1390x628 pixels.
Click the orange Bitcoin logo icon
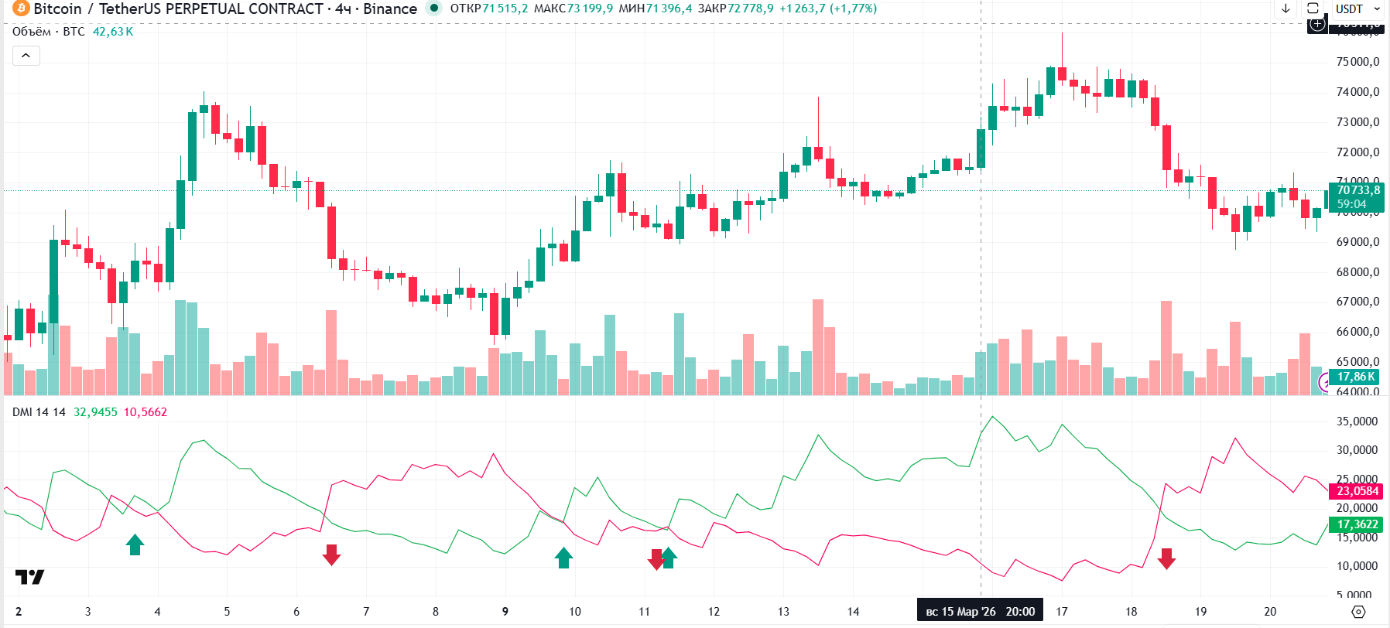point(20,9)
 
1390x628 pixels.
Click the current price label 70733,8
point(1358,190)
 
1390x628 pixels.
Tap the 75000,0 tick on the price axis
point(1358,62)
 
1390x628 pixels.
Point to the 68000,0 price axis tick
point(1358,272)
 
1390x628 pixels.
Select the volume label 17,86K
point(1357,377)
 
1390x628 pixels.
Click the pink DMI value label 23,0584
point(1357,491)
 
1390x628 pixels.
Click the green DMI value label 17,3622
point(1357,524)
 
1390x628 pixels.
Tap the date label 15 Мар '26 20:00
point(980,612)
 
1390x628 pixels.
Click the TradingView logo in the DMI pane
point(29,577)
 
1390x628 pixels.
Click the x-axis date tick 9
point(505,612)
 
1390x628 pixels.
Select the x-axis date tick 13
point(783,612)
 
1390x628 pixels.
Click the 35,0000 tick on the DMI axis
point(1357,422)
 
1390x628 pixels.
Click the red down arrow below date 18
point(1166,558)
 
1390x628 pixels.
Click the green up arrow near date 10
point(563,557)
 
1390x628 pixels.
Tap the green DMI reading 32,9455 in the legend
point(95,412)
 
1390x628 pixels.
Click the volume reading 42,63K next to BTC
point(113,32)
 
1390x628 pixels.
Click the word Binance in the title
point(390,9)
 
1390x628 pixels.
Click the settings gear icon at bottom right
point(1358,612)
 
